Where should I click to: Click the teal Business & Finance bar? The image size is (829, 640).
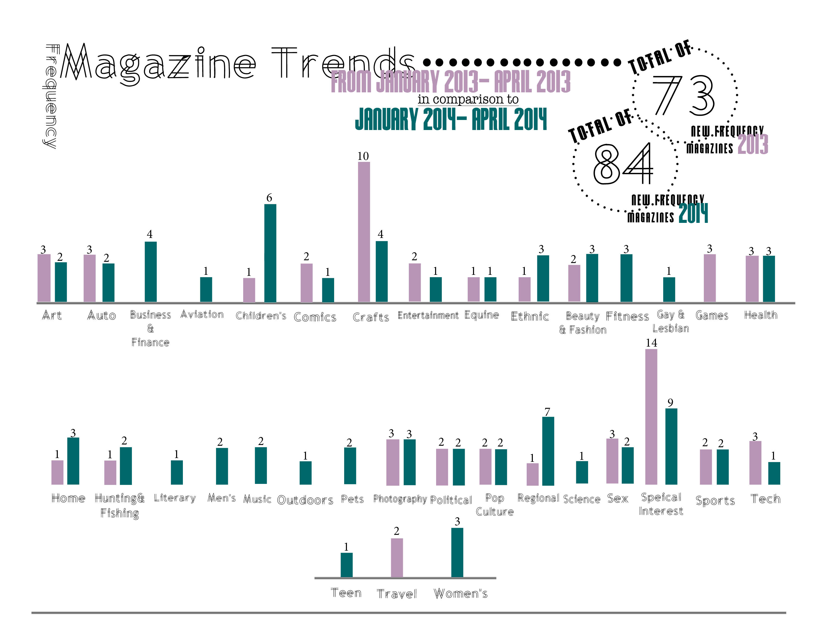[x=151, y=272]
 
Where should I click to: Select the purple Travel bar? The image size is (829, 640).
[x=397, y=557]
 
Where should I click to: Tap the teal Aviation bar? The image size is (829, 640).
[x=206, y=289]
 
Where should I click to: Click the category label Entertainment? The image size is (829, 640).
[x=428, y=315]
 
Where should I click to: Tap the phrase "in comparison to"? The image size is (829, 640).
[x=468, y=99]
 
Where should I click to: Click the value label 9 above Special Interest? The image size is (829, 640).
[x=670, y=403]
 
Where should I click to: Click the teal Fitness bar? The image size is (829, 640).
[x=626, y=278]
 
